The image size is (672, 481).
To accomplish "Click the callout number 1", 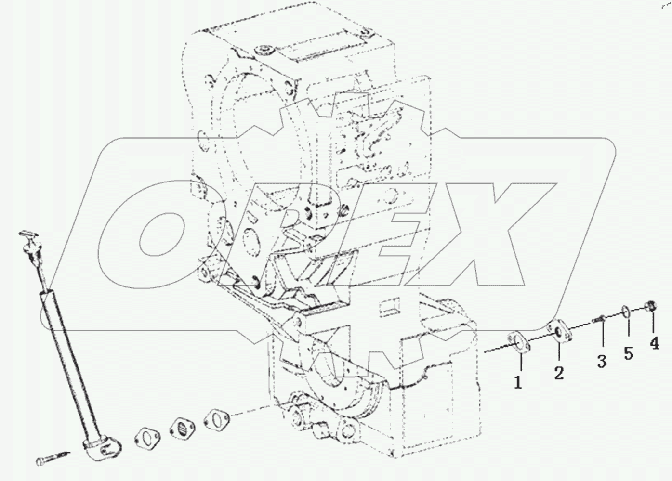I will pyautogui.click(x=518, y=383).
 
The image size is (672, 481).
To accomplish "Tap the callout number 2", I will pyautogui.click(x=559, y=373).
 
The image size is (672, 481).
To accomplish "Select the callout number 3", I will pyautogui.click(x=602, y=361).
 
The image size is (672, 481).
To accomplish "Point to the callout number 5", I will pyautogui.click(x=629, y=353).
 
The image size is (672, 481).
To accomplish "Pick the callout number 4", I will pyautogui.click(x=654, y=343).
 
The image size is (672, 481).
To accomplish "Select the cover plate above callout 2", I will pyautogui.click(x=559, y=332).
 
